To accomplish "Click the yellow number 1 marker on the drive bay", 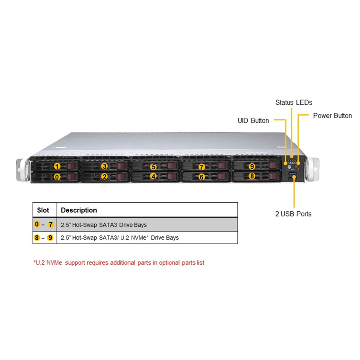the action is coord(57,166).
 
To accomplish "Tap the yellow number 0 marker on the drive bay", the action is coord(57,177).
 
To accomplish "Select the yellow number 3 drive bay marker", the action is coord(105,166).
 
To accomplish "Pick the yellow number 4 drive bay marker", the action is coord(153,176).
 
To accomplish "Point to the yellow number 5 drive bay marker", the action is coord(153,167).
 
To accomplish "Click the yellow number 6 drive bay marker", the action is coord(202,177).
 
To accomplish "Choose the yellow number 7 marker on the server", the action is coord(202,167).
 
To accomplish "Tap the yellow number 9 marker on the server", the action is coord(252,166).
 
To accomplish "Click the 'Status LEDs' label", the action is coord(294,102).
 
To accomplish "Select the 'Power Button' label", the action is coord(333,116).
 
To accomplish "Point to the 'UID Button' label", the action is coord(253,120).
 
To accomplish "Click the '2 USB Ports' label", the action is coord(293,214).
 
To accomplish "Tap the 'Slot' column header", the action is coord(43,210).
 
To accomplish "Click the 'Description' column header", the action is coord(79,210).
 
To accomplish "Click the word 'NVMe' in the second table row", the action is coord(138,238).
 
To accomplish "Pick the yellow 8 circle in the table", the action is coord(37,238).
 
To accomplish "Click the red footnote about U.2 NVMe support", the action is coord(119,262).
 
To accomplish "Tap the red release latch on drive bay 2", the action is coord(121,177).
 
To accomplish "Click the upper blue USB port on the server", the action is coord(293,173).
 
